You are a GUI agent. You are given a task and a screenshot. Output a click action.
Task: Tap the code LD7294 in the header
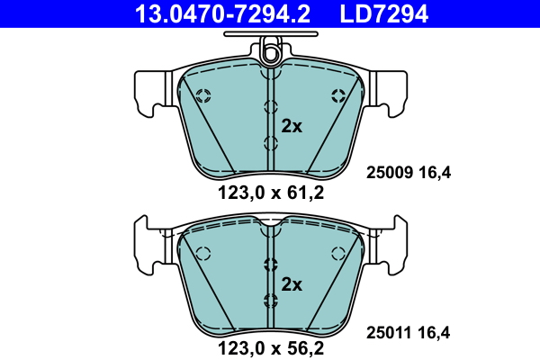click(382, 13)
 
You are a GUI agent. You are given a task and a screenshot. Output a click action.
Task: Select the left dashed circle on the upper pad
click(202, 95)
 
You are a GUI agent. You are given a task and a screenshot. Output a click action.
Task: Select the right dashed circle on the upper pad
click(337, 95)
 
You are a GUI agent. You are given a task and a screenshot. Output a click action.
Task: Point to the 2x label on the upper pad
click(292, 127)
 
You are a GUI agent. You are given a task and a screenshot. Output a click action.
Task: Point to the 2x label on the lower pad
click(292, 285)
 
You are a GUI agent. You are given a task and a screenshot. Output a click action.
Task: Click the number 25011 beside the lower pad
click(389, 333)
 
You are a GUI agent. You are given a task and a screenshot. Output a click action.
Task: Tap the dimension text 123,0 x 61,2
click(269, 192)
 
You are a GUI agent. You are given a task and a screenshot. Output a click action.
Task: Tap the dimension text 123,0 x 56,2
click(269, 345)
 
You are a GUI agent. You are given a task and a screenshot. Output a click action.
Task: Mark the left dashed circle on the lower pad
click(202, 253)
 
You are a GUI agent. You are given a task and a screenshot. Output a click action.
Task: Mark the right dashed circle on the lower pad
click(337, 253)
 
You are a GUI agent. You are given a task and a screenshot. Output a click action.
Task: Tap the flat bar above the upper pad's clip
click(269, 37)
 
